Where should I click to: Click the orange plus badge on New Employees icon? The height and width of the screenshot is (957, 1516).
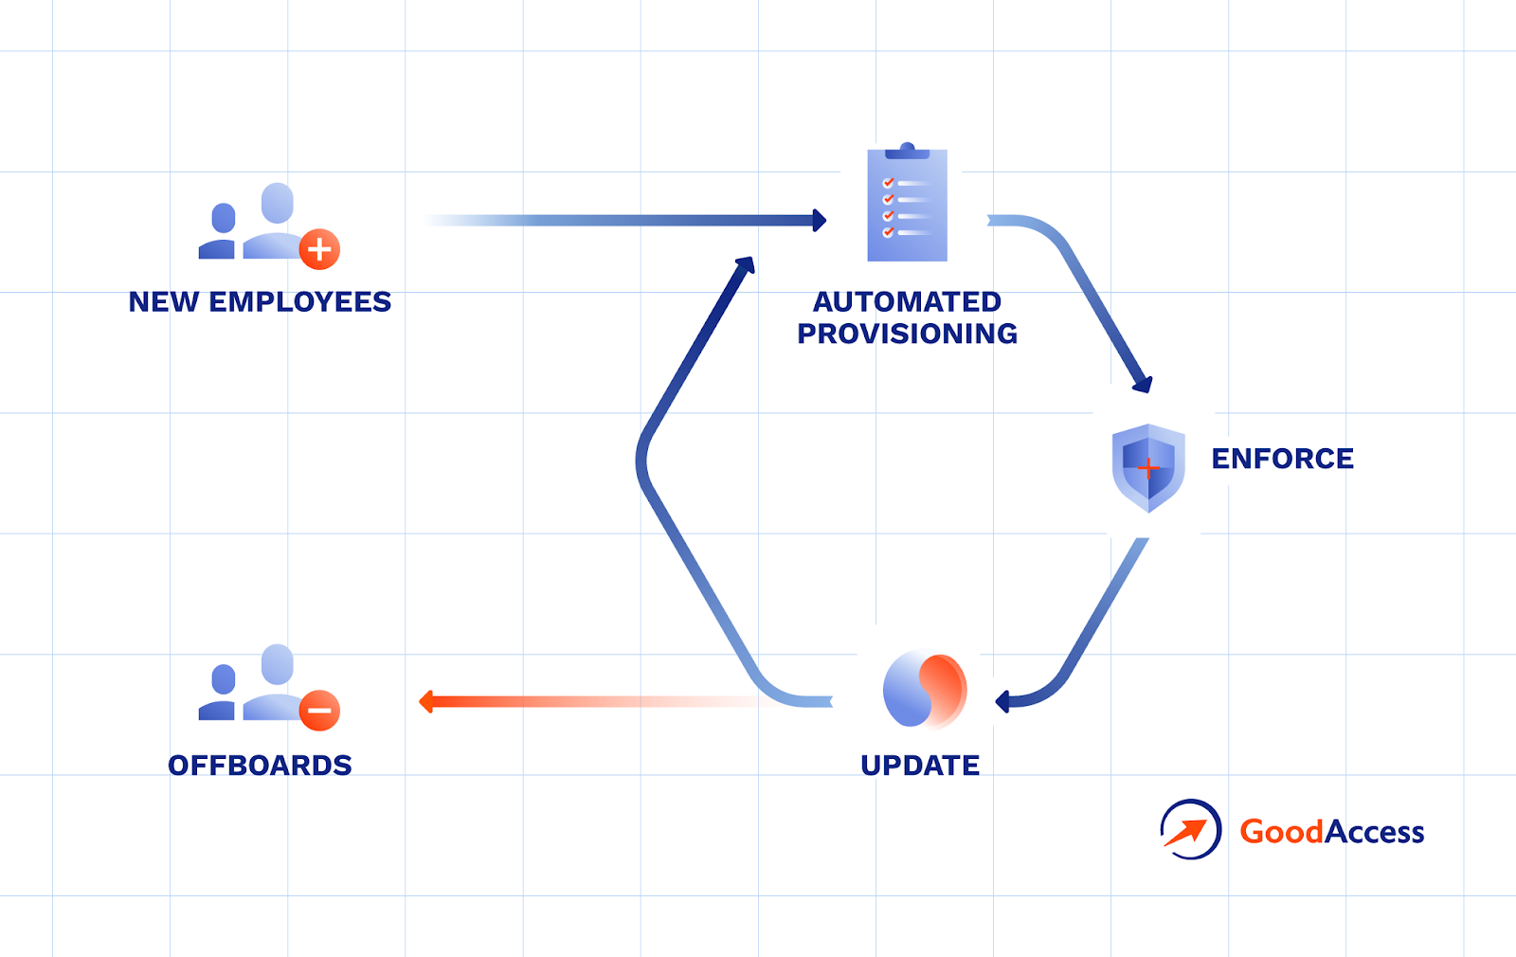point(319,249)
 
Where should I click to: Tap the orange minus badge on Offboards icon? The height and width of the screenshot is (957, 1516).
point(319,711)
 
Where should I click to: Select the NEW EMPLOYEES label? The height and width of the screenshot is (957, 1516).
point(260,302)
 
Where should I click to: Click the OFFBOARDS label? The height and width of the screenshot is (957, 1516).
point(260,766)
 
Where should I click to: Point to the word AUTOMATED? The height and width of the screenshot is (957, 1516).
point(907,302)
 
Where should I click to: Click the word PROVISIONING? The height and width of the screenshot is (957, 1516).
point(907,334)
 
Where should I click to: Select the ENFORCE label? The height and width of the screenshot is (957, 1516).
point(1282,460)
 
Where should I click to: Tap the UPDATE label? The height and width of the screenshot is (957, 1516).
point(920,766)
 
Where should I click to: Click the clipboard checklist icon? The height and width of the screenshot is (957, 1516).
point(907,205)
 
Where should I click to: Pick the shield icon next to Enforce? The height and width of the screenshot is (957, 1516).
point(1148,467)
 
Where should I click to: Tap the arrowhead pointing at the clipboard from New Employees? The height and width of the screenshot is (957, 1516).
point(819,221)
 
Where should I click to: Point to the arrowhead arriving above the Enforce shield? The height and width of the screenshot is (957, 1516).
point(1143,383)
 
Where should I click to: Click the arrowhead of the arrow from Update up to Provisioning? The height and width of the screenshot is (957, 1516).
point(746,264)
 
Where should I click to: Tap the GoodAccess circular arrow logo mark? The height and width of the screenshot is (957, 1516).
point(1190,830)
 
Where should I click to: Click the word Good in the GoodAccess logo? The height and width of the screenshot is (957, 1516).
point(1281,832)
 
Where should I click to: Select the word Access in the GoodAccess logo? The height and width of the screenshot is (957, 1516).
point(1374,832)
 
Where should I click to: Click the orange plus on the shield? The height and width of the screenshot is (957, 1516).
point(1148,468)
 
